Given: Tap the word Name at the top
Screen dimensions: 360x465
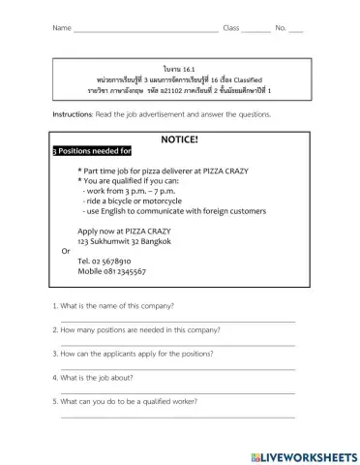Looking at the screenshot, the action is (x=61, y=28).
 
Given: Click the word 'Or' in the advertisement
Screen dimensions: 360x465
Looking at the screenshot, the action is (x=66, y=250).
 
